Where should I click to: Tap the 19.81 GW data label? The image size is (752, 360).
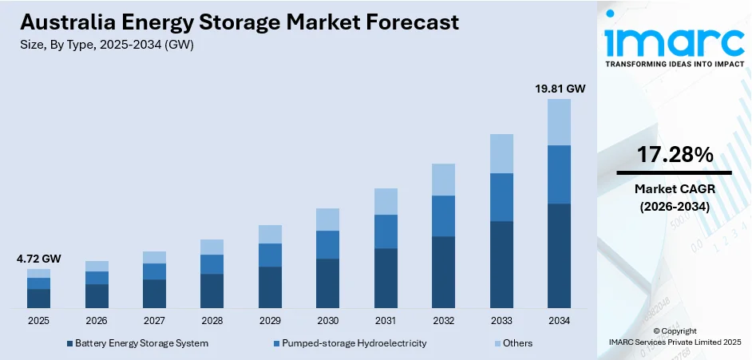point(560,89)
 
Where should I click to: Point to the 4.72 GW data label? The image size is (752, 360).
point(39,259)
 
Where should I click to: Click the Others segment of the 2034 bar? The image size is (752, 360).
point(559,122)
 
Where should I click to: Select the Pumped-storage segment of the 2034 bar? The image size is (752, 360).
point(559,174)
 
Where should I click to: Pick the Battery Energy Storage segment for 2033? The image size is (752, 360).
point(501,264)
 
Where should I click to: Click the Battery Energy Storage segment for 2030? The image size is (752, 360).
point(327,283)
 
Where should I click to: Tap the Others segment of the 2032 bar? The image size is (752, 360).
point(443,180)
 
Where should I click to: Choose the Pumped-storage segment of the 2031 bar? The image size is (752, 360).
point(386,231)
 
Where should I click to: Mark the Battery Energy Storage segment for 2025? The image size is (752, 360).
point(38,299)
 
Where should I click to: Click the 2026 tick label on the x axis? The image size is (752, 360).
point(97,321)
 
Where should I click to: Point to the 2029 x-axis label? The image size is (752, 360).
point(270,321)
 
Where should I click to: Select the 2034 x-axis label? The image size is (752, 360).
point(559,321)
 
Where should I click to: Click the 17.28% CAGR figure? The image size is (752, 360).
point(675,156)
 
